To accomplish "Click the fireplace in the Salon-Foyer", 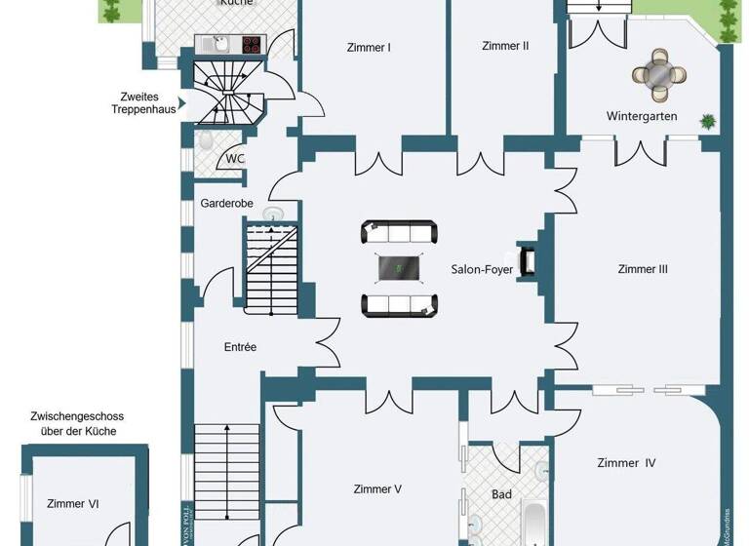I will click(x=527, y=261).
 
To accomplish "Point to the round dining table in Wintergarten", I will click(x=660, y=75).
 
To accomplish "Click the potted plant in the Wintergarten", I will click(x=707, y=122).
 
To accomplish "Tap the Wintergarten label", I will click(x=642, y=116).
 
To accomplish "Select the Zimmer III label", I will click(x=643, y=269).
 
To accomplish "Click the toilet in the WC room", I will click(x=205, y=140).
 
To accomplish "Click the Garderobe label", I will click(x=226, y=204).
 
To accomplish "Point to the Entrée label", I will click(x=240, y=347).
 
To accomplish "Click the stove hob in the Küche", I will click(x=251, y=44).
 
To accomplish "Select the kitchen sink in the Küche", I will click(x=219, y=44).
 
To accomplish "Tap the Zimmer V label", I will click(x=377, y=489).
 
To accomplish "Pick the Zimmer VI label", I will click(x=72, y=504).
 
